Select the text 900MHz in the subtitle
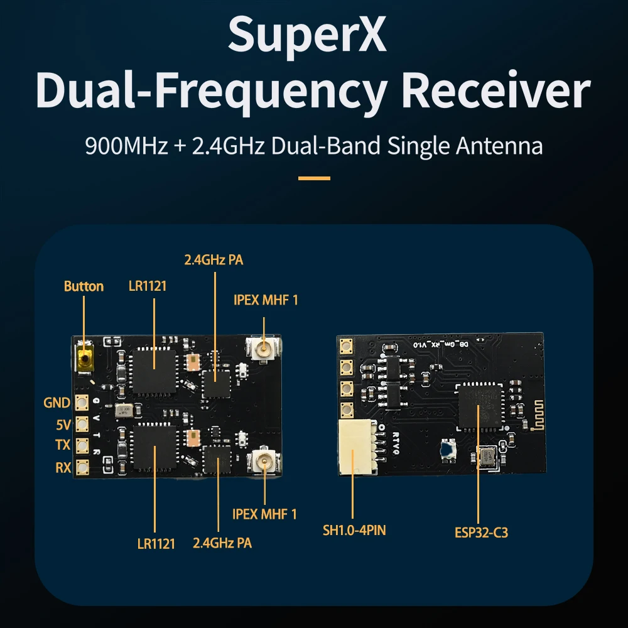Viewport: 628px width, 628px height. coord(126,146)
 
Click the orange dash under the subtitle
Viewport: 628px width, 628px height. coord(314,178)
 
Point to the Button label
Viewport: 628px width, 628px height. coord(84,286)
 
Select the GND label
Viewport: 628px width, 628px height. coord(57,403)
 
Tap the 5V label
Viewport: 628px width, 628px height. coord(63,425)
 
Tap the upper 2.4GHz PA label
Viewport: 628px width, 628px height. coord(213,260)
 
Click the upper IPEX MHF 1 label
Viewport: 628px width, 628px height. coord(266,300)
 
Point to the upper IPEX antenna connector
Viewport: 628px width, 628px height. coord(263,347)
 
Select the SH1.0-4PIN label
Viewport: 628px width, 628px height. coord(354,531)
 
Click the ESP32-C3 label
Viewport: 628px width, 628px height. coord(481,533)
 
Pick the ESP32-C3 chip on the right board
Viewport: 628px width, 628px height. coord(480,403)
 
